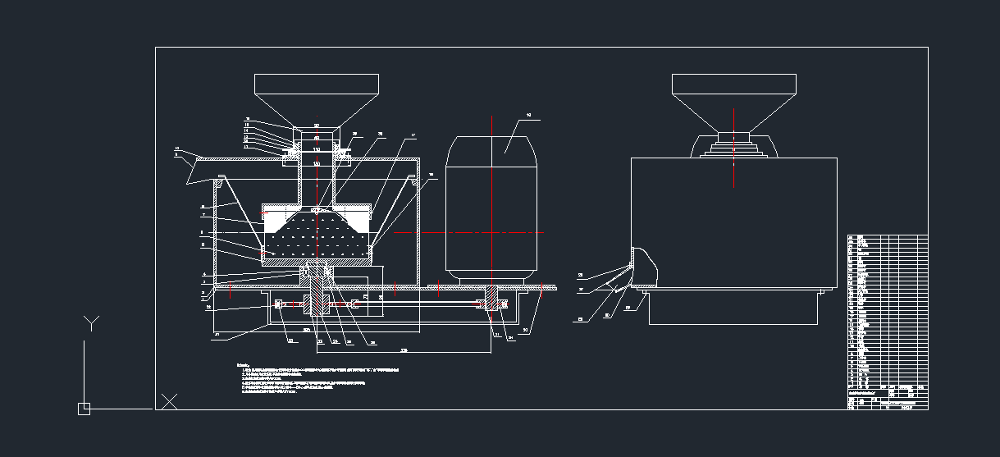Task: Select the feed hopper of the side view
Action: pos(733,94)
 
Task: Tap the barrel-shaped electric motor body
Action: pos(491,213)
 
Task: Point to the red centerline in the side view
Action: pos(733,148)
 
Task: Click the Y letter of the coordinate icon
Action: pos(91,322)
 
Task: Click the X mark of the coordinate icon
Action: pos(169,401)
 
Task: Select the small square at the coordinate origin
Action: pos(84,409)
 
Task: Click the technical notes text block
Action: pos(320,378)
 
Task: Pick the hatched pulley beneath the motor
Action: pos(493,300)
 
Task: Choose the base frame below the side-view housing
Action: pos(734,307)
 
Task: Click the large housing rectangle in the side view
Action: pos(733,222)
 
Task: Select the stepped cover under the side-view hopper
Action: pos(733,146)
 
